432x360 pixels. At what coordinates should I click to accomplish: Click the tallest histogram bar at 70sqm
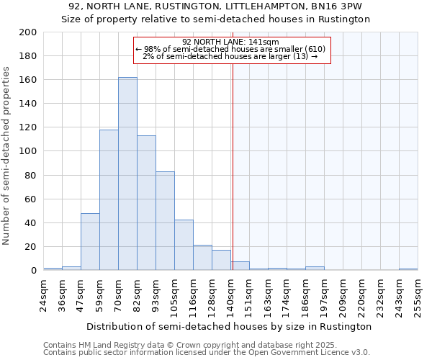click(x=127, y=174)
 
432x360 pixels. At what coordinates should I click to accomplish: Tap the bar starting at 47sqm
click(x=90, y=242)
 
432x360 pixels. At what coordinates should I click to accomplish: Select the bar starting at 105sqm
click(x=184, y=245)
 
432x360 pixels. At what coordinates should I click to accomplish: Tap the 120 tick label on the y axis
click(x=28, y=127)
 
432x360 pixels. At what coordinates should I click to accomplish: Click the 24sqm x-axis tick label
click(x=43, y=292)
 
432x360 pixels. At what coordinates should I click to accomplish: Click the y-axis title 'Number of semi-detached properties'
click(x=7, y=155)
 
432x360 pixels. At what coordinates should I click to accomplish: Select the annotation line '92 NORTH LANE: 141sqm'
click(x=230, y=42)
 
